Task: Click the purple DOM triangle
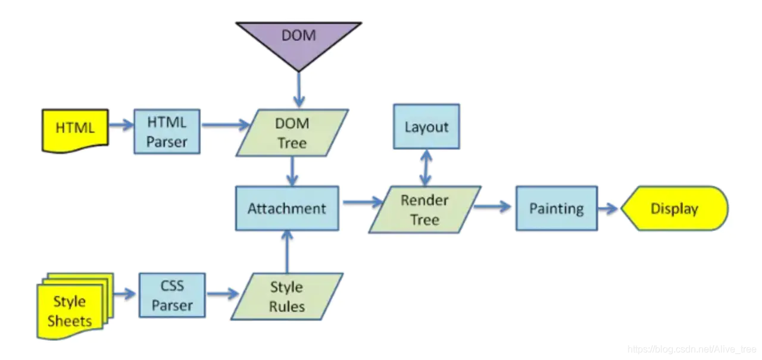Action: pyautogui.click(x=298, y=39)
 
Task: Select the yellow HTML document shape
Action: pyautogui.click(x=75, y=129)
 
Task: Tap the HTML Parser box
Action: pyautogui.click(x=167, y=132)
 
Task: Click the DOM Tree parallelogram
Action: pyautogui.click(x=292, y=133)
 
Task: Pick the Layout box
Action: pyautogui.click(x=426, y=127)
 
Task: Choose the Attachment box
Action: pyautogui.click(x=287, y=208)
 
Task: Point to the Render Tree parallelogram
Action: pyautogui.click(x=424, y=209)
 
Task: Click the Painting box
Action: pyautogui.click(x=557, y=208)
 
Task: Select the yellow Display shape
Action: pyautogui.click(x=674, y=209)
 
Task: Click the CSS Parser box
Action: pyautogui.click(x=172, y=295)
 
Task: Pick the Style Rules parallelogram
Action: pyautogui.click(x=287, y=296)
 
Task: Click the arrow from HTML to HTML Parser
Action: pyautogui.click(x=121, y=126)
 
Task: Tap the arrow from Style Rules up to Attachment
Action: pyautogui.click(x=287, y=252)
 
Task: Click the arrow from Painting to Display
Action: pyautogui.click(x=608, y=209)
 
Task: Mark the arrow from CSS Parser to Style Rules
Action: pyautogui.click(x=221, y=295)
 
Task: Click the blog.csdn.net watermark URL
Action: pyautogui.click(x=691, y=349)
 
